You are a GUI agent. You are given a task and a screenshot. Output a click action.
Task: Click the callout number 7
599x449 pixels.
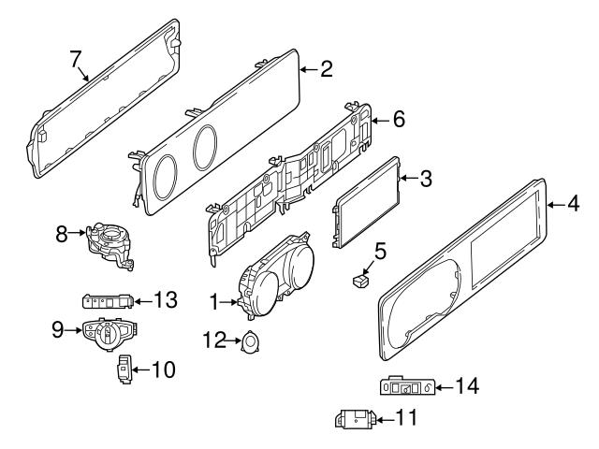click(x=76, y=59)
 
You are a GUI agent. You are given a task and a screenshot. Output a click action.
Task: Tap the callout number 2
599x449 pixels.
click(x=327, y=69)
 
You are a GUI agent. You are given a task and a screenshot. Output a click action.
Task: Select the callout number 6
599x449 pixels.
click(x=399, y=119)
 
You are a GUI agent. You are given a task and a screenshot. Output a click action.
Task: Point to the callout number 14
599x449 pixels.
click(x=467, y=385)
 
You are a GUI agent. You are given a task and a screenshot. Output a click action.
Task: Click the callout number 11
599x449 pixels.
click(x=406, y=417)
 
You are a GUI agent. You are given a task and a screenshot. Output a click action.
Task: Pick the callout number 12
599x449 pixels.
click(x=214, y=340)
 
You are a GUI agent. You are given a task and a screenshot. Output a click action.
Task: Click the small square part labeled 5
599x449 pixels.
click(x=360, y=282)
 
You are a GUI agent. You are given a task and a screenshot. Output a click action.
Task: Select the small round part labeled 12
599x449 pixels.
click(x=250, y=341)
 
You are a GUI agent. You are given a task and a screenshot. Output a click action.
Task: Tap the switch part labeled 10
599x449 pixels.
click(x=124, y=369)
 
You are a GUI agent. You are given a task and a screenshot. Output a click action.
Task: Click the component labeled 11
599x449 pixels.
click(x=356, y=419)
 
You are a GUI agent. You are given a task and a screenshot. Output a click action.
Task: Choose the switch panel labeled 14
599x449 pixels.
click(x=408, y=386)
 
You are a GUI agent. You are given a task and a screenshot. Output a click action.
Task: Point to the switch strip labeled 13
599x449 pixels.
click(x=109, y=301)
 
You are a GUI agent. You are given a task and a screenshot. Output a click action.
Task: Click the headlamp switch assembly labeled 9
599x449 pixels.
click(x=110, y=333)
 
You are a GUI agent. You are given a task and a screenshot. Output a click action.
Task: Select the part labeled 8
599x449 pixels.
click(x=110, y=245)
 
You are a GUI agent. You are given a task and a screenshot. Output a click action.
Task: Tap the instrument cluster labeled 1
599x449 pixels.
click(x=275, y=276)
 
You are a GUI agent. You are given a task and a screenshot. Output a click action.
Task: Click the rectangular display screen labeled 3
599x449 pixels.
click(x=366, y=202)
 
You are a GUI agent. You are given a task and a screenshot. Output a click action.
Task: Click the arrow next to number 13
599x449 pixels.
click(x=143, y=301)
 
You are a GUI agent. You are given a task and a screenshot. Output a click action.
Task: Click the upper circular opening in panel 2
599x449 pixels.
click(x=205, y=148)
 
